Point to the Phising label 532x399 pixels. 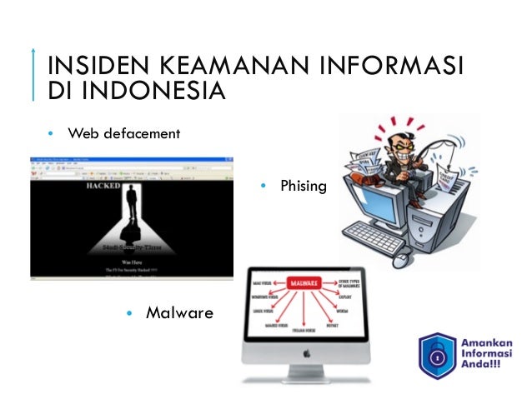(303, 186)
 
